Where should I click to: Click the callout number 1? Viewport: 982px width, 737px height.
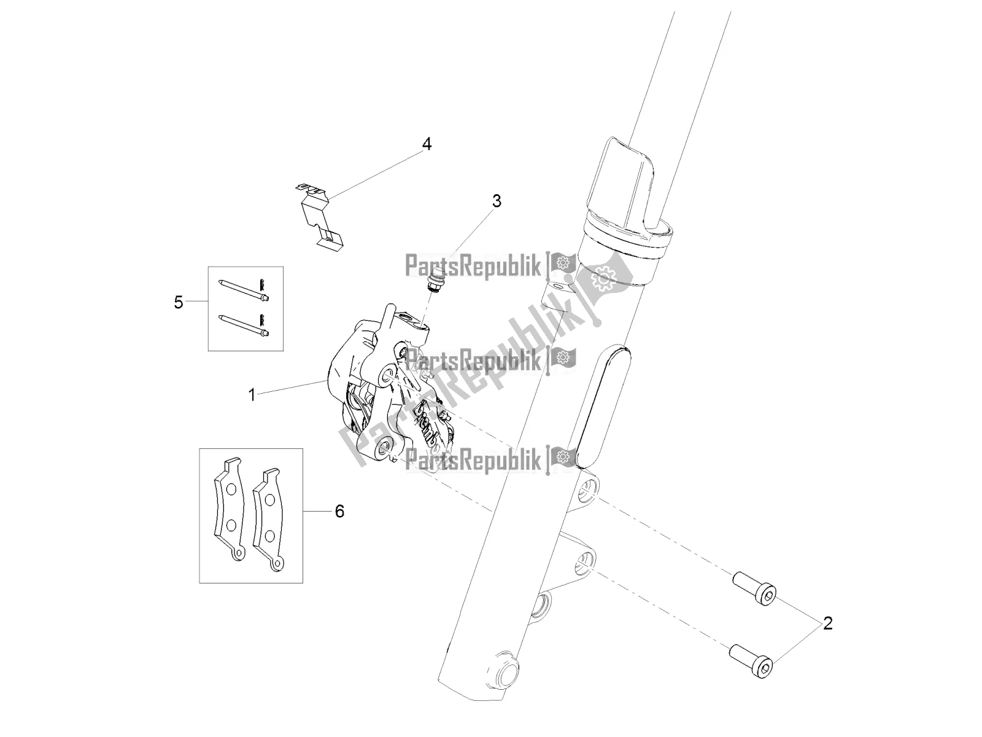[252, 394]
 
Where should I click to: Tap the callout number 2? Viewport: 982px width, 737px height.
[827, 624]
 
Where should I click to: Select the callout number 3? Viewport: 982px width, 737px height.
[496, 201]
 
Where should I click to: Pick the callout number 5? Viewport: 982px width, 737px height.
[179, 302]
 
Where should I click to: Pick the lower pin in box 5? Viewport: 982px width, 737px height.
[244, 326]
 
